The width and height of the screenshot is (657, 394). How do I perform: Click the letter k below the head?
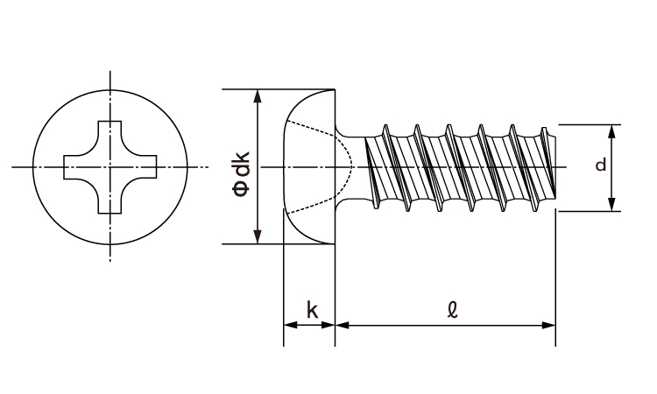click(x=312, y=309)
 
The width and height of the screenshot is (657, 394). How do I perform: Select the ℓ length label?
click(x=452, y=309)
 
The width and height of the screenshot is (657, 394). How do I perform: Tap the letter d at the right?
click(x=600, y=165)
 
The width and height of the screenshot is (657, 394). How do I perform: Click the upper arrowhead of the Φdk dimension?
click(x=258, y=96)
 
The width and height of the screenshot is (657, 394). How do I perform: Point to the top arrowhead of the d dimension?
click(x=612, y=131)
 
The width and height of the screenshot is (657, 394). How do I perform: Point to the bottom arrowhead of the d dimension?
click(x=612, y=204)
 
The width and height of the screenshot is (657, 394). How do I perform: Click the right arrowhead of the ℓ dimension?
click(x=549, y=326)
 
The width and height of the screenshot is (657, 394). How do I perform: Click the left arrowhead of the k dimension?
click(x=290, y=326)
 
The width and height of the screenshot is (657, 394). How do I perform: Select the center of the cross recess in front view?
click(x=110, y=166)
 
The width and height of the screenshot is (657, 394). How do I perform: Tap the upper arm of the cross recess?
click(x=110, y=131)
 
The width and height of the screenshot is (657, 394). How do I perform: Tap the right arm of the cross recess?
click(x=146, y=166)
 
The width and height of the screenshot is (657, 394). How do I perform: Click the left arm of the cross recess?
click(x=74, y=166)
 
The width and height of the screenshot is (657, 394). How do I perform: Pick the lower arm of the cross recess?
click(x=110, y=202)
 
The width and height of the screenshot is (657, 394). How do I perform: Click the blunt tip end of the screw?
click(x=554, y=166)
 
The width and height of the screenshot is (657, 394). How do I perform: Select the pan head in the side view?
click(x=307, y=166)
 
